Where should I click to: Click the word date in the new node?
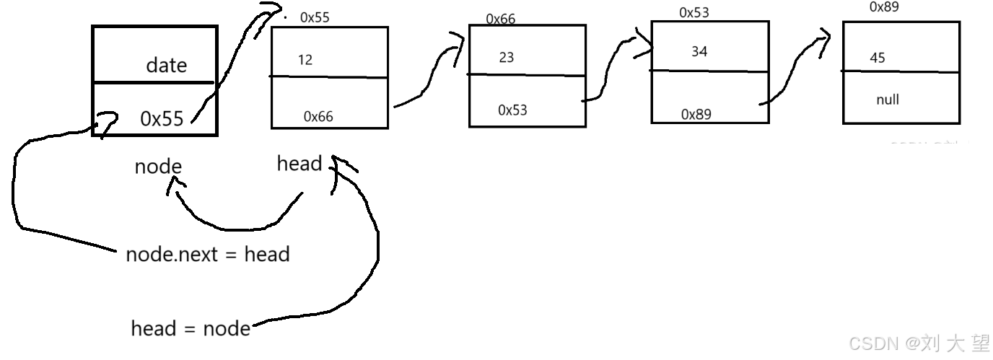[166, 66]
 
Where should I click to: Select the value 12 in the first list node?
[305, 60]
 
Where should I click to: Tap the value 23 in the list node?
[507, 57]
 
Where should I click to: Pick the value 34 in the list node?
[699, 51]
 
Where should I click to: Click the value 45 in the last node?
[878, 58]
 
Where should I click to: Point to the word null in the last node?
[888, 100]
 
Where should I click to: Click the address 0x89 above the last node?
[885, 7]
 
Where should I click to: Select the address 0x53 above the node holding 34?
[695, 13]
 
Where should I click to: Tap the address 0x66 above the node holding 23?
[500, 19]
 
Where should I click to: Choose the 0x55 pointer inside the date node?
[162, 119]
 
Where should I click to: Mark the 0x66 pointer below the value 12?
[318, 116]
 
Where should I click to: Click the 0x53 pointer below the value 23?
[512, 110]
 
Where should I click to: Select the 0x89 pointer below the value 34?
[696, 115]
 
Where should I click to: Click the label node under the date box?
[158, 167]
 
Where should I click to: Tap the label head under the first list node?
[299, 164]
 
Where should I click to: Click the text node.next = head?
[207, 254]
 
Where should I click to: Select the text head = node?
[191, 329]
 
